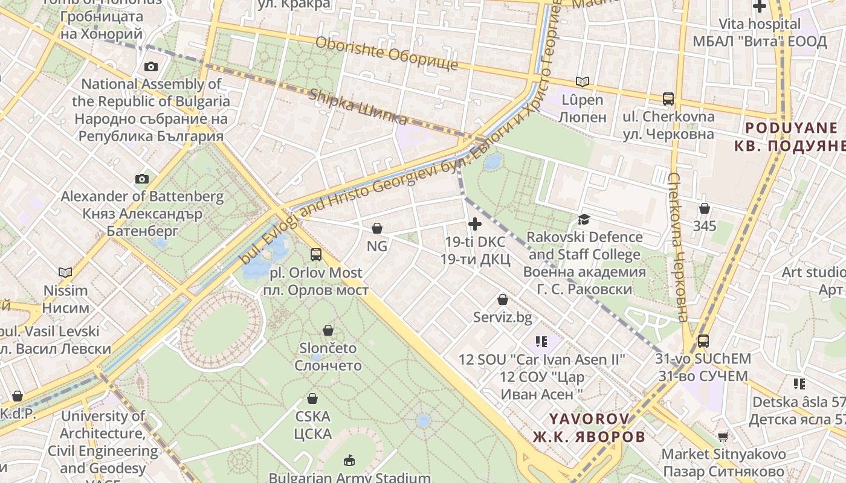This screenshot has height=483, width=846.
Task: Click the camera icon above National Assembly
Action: point(151,66)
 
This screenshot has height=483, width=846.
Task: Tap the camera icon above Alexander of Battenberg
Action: point(142,179)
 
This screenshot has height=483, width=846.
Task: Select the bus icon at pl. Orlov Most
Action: point(315,255)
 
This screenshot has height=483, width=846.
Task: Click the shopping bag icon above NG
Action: point(377,228)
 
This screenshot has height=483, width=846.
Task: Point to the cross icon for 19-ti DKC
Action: point(475,225)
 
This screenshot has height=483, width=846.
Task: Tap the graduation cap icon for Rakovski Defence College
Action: point(584,219)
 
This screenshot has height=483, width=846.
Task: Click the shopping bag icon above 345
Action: point(704,209)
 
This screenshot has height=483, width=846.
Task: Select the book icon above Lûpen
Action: point(582,82)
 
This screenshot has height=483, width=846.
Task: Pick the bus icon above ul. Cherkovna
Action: point(668,99)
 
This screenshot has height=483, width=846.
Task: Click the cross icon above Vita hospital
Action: point(759,7)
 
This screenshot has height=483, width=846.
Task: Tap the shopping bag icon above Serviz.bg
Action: point(502,299)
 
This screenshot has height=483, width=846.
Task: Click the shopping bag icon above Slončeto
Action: point(328,330)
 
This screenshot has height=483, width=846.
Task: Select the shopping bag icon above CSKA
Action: point(312,398)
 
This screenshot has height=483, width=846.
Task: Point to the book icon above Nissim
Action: point(65,272)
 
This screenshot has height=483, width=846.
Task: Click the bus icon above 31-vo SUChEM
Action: point(703,341)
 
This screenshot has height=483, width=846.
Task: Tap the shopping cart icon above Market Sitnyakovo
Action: point(723,437)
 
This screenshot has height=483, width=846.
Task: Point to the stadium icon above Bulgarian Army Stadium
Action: point(349,461)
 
